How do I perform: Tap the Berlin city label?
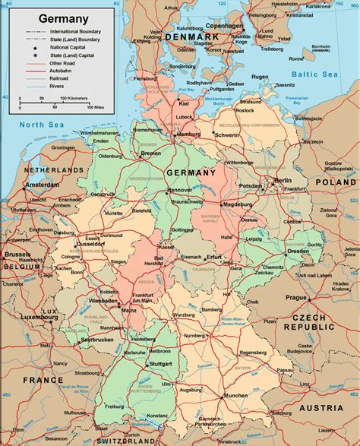[283, 181]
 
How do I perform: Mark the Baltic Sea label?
[317, 74]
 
